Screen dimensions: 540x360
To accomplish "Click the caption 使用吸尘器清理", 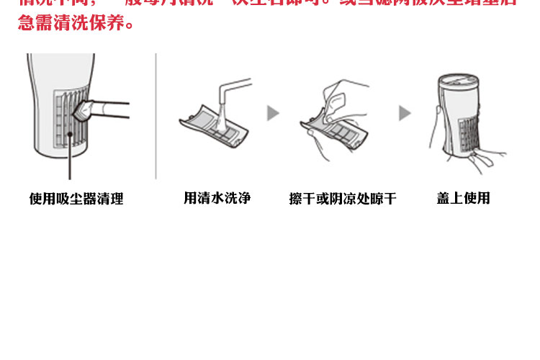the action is pos(76,199).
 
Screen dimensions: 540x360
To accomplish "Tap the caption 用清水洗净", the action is pos(217,198).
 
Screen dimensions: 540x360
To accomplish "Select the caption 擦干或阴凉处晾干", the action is pos(343,199).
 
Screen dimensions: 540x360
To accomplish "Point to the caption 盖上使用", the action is pos(463,198).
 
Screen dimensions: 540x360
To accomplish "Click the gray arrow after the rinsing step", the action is pos(273,113).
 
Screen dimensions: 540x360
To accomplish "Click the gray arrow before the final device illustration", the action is pos(405,113).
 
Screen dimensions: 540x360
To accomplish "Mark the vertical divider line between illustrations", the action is pos(156,115).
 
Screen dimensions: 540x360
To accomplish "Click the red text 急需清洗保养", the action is pos(75,24).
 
